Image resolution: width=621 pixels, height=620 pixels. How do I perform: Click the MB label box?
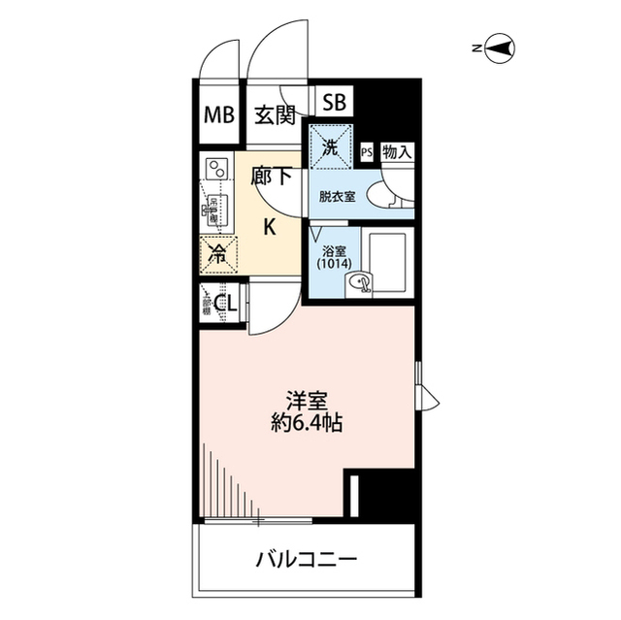[218, 115]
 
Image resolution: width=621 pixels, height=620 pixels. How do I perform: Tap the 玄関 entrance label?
[275, 115]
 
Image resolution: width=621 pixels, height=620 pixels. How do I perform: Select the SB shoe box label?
[334, 100]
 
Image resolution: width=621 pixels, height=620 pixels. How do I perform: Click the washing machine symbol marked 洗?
[330, 148]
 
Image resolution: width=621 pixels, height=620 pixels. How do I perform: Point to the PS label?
[366, 151]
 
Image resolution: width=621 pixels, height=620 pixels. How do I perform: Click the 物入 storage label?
[397, 151]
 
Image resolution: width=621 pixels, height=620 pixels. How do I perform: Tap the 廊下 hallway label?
[272, 177]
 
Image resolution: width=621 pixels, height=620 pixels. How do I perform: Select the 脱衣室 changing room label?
[338, 195]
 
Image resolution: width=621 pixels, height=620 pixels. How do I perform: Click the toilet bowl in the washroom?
[390, 192]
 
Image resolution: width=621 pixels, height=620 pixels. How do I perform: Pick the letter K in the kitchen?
[272, 228]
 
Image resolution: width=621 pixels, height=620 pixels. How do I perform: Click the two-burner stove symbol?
[216, 169]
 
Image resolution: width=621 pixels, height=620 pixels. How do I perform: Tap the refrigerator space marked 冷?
[218, 257]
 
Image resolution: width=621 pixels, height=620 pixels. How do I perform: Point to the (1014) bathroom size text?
[333, 263]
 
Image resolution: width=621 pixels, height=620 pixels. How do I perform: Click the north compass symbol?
[501, 47]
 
